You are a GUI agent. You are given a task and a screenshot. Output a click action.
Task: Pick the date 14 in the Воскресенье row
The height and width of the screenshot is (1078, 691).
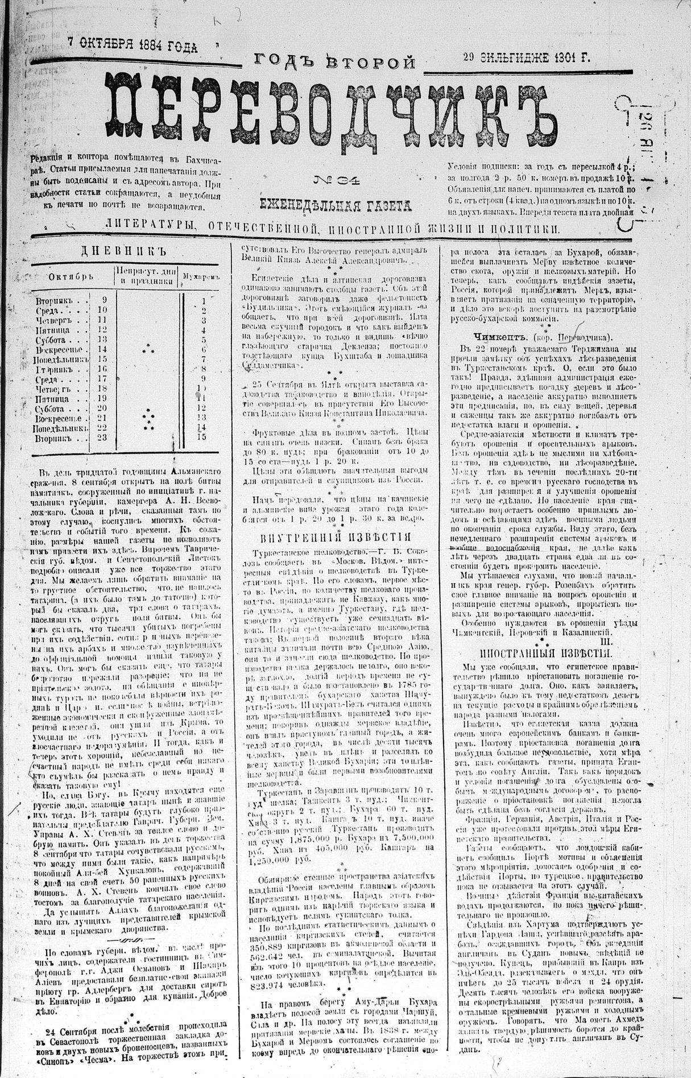(103, 349)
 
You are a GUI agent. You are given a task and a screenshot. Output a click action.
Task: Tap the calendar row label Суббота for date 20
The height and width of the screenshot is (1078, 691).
(55, 408)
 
